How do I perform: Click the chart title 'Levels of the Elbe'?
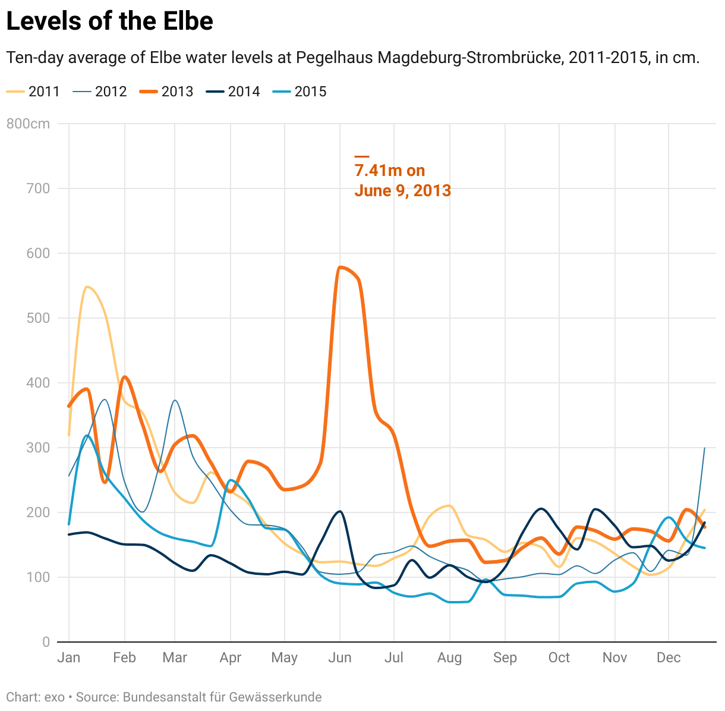[x=109, y=21]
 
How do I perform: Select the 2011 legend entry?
[x=33, y=92]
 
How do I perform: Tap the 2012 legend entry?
[x=100, y=92]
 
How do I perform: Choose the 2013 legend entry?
[x=166, y=92]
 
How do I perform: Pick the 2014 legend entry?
[x=233, y=92]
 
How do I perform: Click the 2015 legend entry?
[x=300, y=92]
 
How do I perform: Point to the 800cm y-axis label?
[x=28, y=124]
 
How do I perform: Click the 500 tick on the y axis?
[x=39, y=318]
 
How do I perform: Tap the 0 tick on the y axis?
[x=46, y=642]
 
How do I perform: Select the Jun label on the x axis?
[x=340, y=657]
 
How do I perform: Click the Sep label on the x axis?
[x=505, y=657]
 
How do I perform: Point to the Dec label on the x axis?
[x=669, y=657]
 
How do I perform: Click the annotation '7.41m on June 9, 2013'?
[x=402, y=180]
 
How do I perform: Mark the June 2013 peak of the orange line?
[x=341, y=268]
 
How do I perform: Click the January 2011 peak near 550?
[x=87, y=287]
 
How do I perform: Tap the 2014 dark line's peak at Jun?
[x=339, y=511]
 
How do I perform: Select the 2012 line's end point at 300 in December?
[x=705, y=448]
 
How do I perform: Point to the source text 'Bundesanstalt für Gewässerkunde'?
[x=222, y=697]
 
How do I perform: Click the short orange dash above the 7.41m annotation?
[x=362, y=156]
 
